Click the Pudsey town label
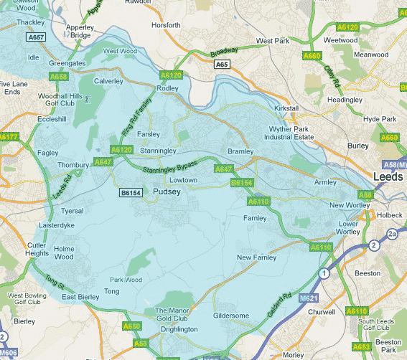pyautogui.click(x=167, y=191)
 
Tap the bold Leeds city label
pyautogui.click(x=388, y=176)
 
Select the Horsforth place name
pyautogui.click(x=167, y=24)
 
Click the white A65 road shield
pyautogui.click(x=223, y=64)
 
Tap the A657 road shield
pyautogui.click(x=36, y=37)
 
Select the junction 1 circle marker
pyautogui.click(x=324, y=273)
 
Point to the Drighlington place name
pyautogui.click(x=177, y=329)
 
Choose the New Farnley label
pyautogui.click(x=256, y=257)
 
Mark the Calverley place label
pyautogui.click(x=108, y=81)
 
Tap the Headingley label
pyautogui.click(x=346, y=100)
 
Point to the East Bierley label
pyautogui.click(x=80, y=296)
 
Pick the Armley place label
pyautogui.click(x=325, y=182)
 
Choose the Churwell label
pyautogui.click(x=320, y=312)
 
